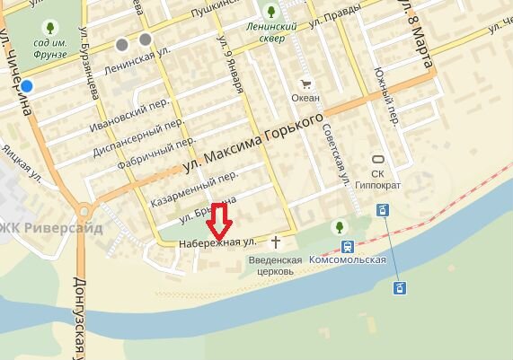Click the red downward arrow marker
point(219,221)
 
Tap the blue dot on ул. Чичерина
point(27,86)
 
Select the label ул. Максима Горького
point(252,144)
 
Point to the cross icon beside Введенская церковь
point(276,241)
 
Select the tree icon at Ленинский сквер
point(271,11)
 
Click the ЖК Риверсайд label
point(52,228)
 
